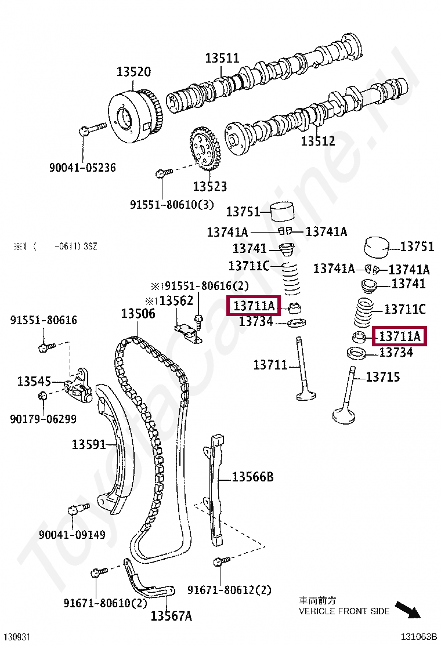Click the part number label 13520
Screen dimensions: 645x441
coord(133,72)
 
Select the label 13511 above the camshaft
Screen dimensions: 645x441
coord(222,58)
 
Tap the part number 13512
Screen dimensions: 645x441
coord(317,141)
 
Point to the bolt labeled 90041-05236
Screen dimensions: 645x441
coord(91,128)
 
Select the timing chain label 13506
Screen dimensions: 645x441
coord(138,314)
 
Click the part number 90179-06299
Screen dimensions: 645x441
coord(43,419)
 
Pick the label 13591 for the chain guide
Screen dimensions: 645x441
coord(89,444)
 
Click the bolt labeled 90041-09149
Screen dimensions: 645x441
coord(77,509)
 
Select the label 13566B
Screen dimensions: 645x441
coord(252,477)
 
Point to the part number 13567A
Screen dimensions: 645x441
coord(171,616)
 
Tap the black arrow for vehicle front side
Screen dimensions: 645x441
coord(408,610)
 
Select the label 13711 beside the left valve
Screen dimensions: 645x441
coord(270,365)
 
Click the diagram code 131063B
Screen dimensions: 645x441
coord(417,636)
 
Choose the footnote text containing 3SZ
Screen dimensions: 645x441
coord(56,247)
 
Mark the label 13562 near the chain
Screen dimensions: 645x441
coord(176,301)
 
